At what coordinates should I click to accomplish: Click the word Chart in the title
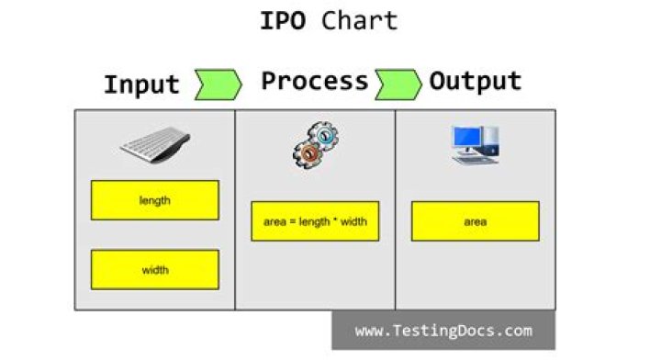pyautogui.click(x=360, y=20)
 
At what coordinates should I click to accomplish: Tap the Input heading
pyautogui.click(x=141, y=84)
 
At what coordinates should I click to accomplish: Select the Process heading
pyautogui.click(x=314, y=81)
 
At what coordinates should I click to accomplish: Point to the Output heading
pyautogui.click(x=475, y=81)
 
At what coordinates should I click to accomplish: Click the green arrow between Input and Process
pyautogui.click(x=218, y=84)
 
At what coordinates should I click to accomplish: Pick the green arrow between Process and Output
pyautogui.click(x=398, y=84)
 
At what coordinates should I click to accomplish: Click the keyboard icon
pyautogui.click(x=155, y=145)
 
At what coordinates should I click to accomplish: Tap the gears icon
pyautogui.click(x=315, y=145)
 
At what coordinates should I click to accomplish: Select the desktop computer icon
pyautogui.click(x=474, y=145)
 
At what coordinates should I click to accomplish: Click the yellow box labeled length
pyautogui.click(x=154, y=200)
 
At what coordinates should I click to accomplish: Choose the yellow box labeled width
pyautogui.click(x=154, y=270)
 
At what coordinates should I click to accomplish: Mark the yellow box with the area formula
pyautogui.click(x=315, y=221)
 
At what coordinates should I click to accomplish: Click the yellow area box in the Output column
pyautogui.click(x=475, y=221)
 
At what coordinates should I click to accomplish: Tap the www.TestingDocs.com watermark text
pyautogui.click(x=443, y=331)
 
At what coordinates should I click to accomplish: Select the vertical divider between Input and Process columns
pyautogui.click(x=235, y=209)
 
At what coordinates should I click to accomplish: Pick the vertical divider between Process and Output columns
pyautogui.click(x=396, y=209)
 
